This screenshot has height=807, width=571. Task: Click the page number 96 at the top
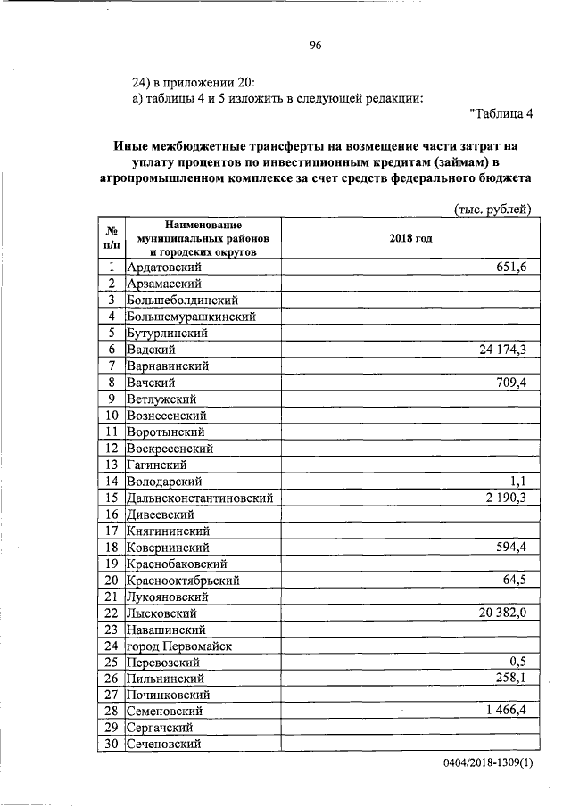[315, 46]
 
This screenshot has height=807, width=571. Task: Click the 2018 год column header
[410, 239]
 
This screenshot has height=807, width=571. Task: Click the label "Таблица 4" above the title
[501, 112]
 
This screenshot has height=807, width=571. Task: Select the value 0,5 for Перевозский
[517, 678]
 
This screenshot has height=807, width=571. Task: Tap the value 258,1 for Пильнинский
[509, 695]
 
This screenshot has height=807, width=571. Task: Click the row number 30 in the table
[112, 744]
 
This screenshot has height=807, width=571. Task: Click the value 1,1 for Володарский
[517, 482]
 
